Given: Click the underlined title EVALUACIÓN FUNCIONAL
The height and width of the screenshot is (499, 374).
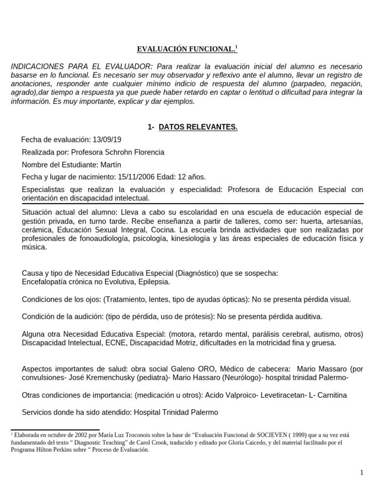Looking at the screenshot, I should pyautogui.click(x=185, y=49).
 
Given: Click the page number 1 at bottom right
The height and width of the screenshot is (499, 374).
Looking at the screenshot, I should pyautogui.click(x=361, y=472).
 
